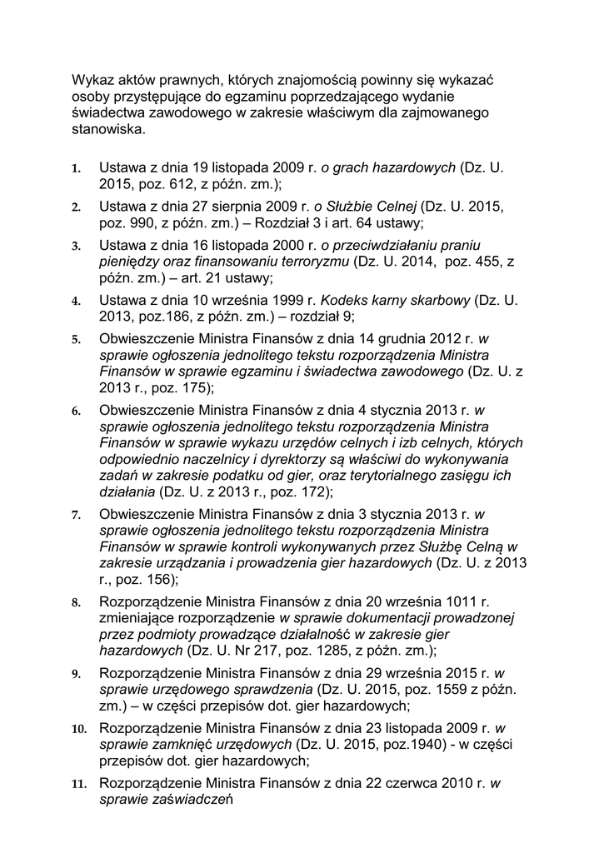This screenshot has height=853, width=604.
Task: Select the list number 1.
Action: (x=76, y=168)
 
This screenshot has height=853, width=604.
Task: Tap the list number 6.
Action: (x=76, y=410)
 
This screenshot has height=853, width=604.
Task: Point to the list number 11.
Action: (x=79, y=783)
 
